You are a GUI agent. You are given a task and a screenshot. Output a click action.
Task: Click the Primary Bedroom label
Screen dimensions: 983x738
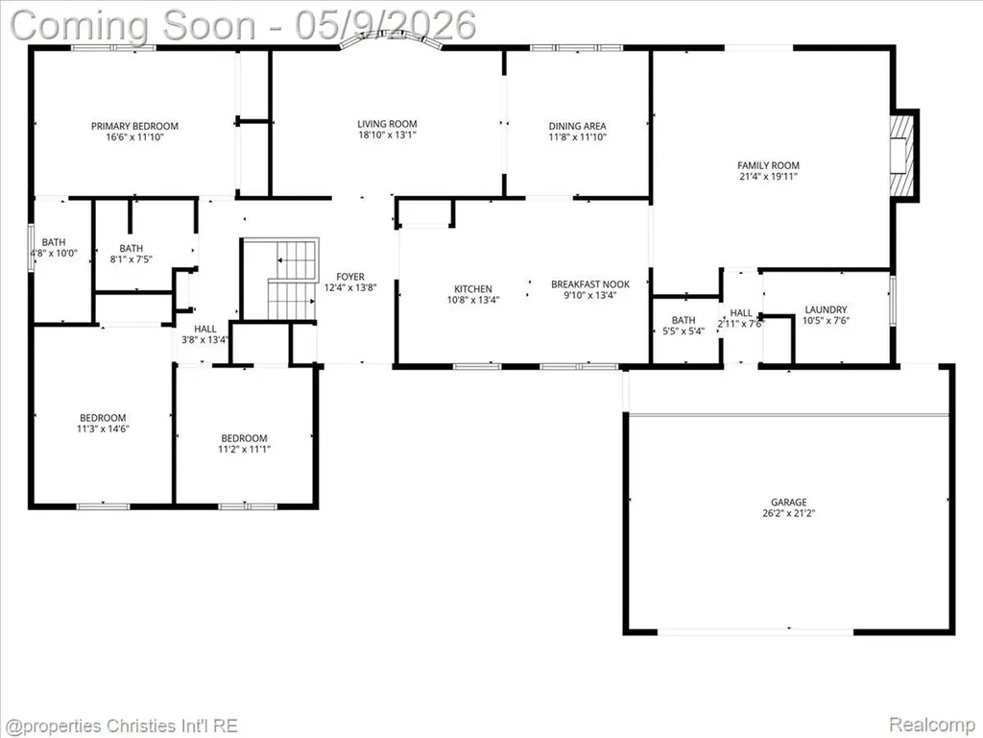coord(134,126)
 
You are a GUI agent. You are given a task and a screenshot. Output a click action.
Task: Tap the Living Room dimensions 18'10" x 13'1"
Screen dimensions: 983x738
coord(388,135)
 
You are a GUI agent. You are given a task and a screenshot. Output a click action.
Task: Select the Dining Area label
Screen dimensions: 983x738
coord(577,126)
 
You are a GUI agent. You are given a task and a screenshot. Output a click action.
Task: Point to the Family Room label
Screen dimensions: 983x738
coord(769,165)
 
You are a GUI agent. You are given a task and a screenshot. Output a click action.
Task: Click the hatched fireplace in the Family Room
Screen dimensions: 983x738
coord(901,155)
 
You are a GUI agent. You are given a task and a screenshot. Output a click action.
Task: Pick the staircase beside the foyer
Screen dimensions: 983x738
coord(292,279)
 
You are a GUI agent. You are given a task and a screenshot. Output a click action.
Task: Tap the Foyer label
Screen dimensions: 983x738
coord(350,277)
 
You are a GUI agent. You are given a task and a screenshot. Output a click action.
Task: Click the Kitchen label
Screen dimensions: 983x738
coord(473,289)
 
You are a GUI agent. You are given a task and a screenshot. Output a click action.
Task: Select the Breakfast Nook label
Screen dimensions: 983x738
coord(590,284)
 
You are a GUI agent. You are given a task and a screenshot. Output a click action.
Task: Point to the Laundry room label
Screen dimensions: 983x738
coord(826,309)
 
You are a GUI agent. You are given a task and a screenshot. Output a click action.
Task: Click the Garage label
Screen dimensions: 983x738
coord(789,502)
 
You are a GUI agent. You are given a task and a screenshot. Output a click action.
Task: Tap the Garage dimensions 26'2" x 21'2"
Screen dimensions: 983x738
coord(789,513)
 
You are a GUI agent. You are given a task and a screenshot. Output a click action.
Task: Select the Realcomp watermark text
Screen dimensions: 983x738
coord(931,725)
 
